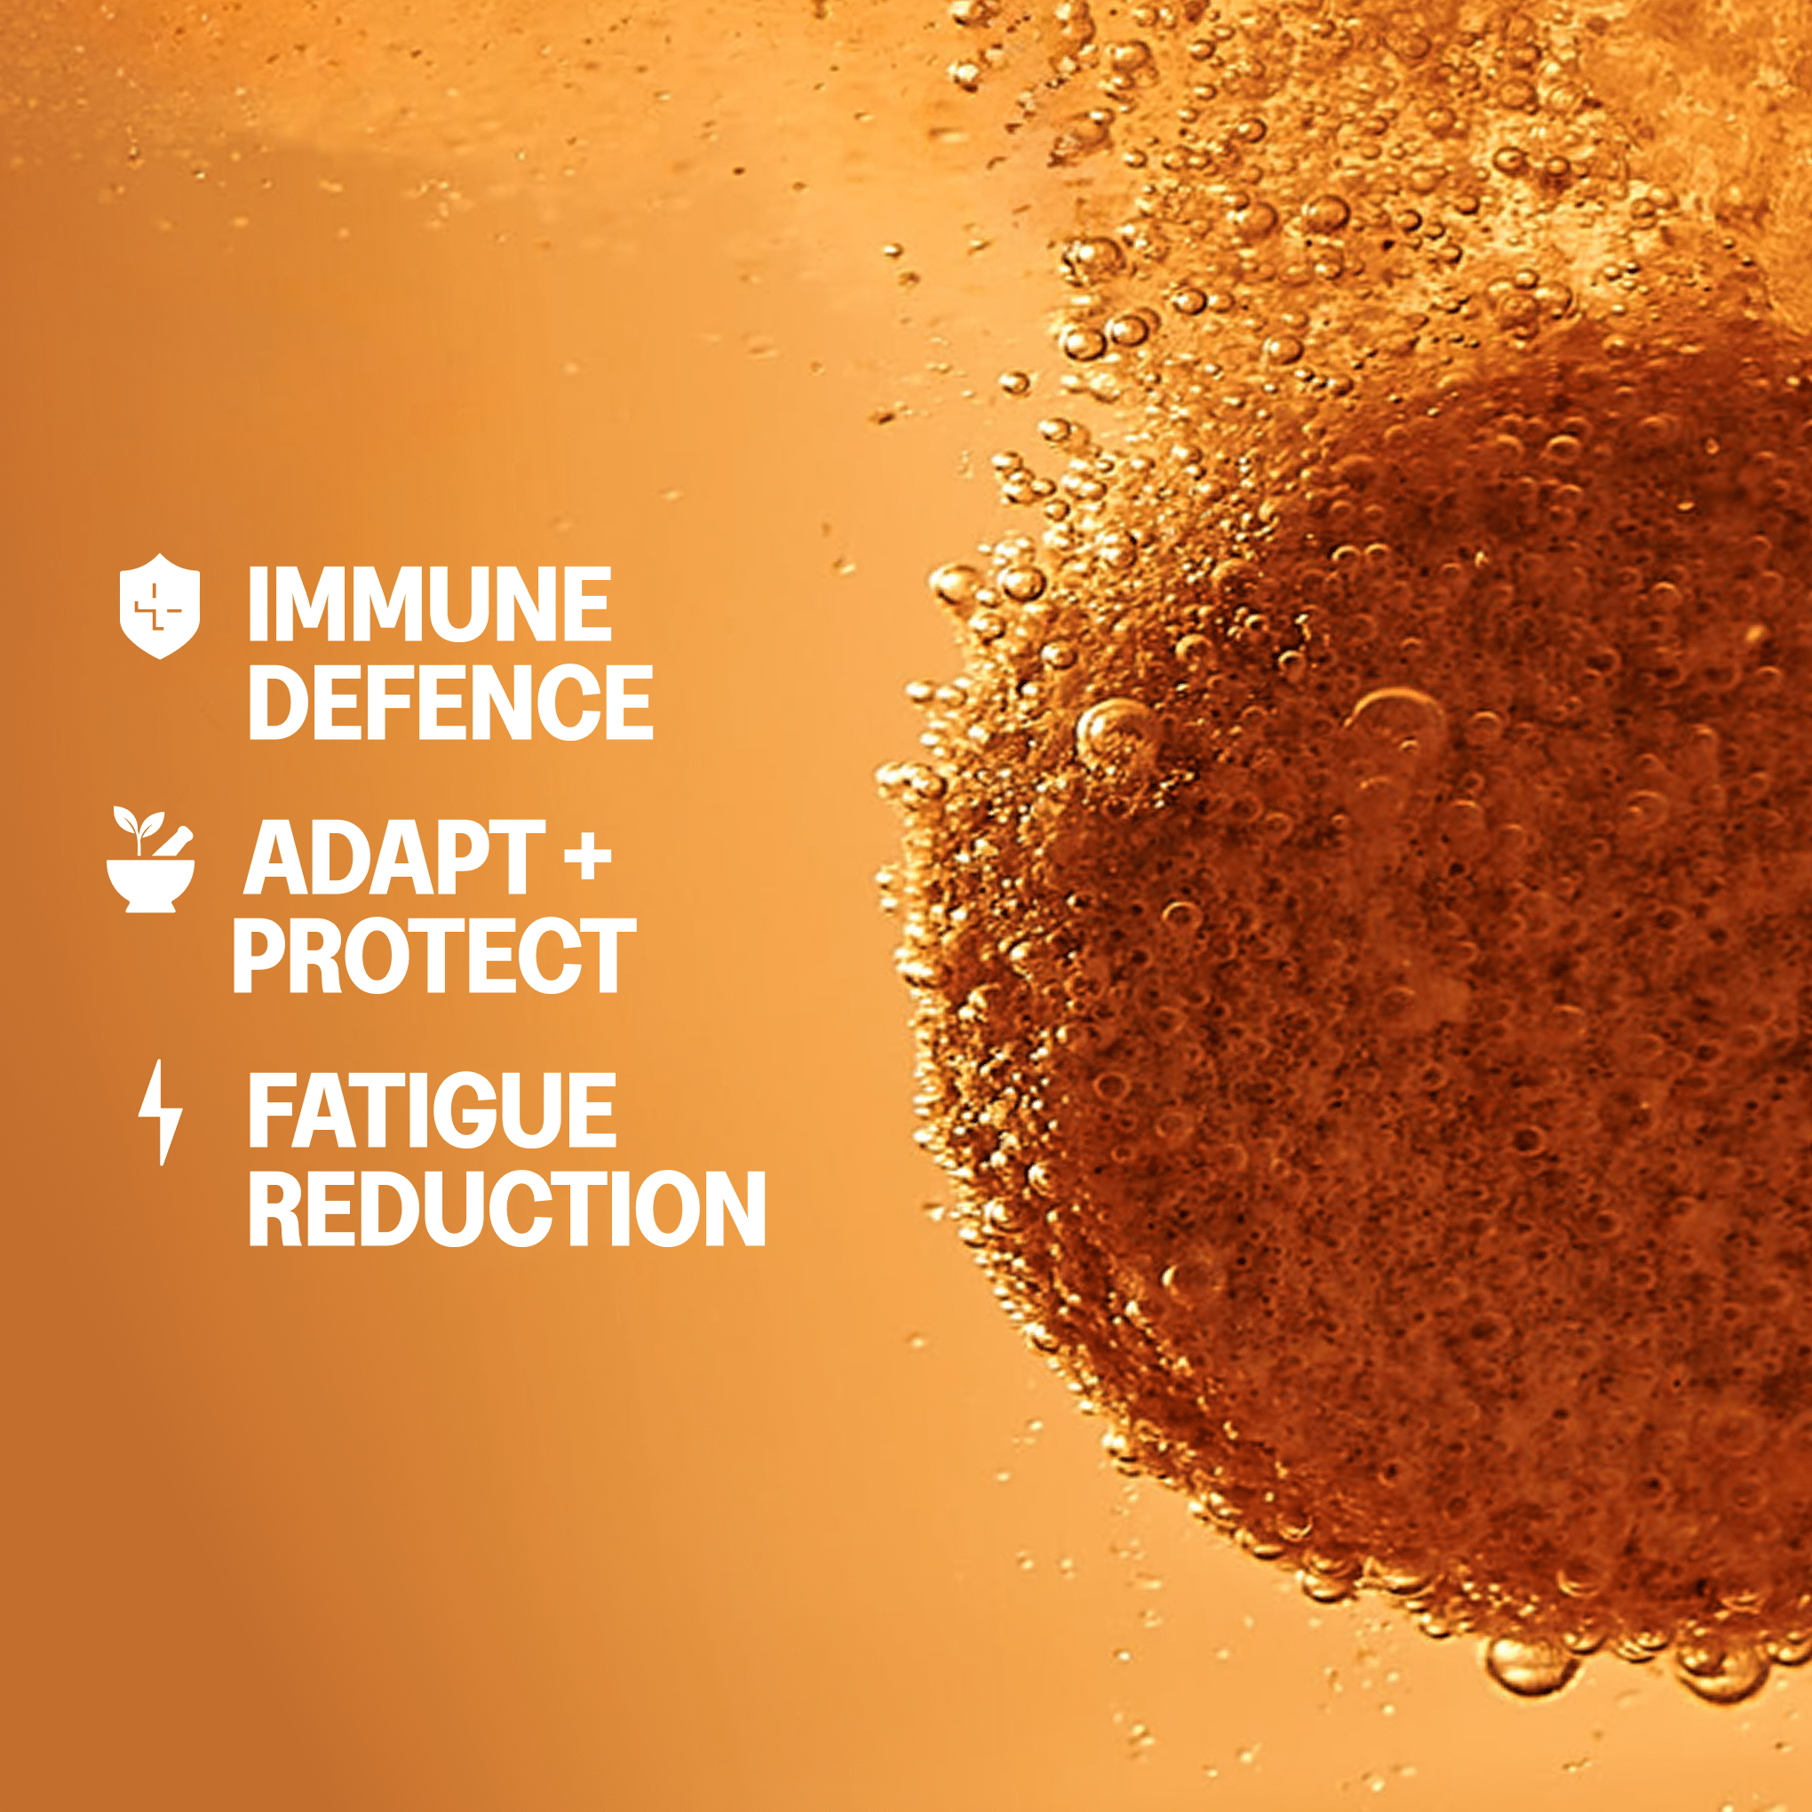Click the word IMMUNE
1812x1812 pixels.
[430, 605]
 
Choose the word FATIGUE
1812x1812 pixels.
[432, 1111]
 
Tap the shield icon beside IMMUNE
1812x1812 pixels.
[160, 606]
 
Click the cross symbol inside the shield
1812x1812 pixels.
[158, 606]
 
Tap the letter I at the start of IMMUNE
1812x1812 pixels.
[257, 605]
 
